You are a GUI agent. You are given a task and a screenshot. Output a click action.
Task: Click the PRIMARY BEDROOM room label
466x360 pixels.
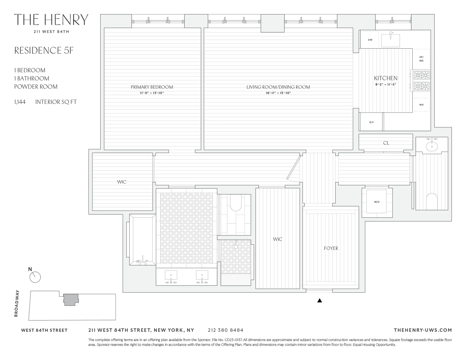(152, 87)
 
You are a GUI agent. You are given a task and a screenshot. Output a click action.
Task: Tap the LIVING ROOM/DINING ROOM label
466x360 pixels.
(278, 87)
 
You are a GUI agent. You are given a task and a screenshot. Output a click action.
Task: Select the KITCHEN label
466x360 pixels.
(386, 78)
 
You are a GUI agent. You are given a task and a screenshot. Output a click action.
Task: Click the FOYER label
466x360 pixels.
(331, 248)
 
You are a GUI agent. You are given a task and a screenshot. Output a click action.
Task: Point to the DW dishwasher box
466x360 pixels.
(370, 40)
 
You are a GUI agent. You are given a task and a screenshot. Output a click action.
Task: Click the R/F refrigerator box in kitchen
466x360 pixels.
(371, 122)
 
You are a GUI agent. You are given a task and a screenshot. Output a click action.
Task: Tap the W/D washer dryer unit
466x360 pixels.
(376, 202)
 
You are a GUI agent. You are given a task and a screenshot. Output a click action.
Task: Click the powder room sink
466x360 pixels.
(432, 146)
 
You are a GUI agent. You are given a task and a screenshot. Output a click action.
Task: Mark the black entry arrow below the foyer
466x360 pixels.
(319, 301)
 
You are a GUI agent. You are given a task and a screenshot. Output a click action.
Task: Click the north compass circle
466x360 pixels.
(35, 277)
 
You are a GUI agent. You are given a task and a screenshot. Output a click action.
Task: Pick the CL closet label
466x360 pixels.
(386, 143)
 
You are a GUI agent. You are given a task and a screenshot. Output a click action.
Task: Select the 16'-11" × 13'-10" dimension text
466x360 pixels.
(278, 93)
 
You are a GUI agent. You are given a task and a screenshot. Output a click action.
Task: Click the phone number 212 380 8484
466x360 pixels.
(225, 330)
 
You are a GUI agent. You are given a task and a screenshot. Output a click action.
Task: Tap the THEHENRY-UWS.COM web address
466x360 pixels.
(423, 330)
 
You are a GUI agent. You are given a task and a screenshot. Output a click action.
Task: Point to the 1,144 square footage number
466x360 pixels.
(20, 102)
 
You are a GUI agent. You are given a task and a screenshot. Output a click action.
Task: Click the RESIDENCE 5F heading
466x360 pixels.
(44, 51)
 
